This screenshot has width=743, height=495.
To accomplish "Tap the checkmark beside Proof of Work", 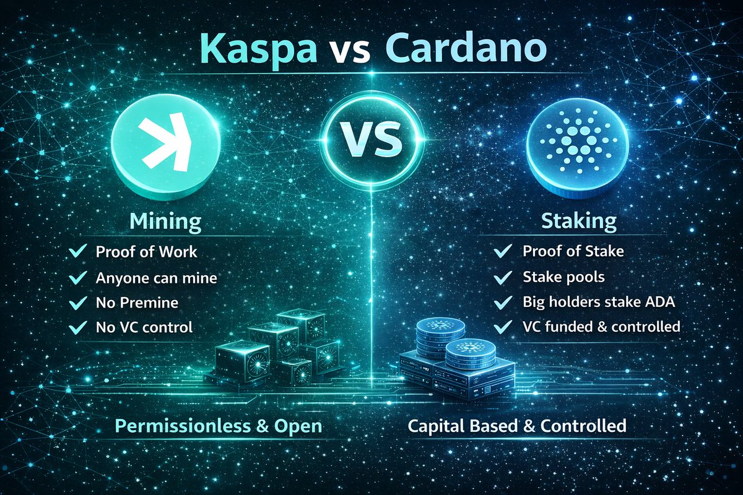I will (x=78, y=252).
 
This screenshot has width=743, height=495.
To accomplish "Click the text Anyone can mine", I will (x=156, y=278).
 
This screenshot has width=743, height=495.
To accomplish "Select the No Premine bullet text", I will (x=137, y=303).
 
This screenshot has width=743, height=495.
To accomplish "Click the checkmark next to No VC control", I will (x=78, y=327).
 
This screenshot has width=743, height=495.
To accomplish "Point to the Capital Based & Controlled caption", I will (x=517, y=426).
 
